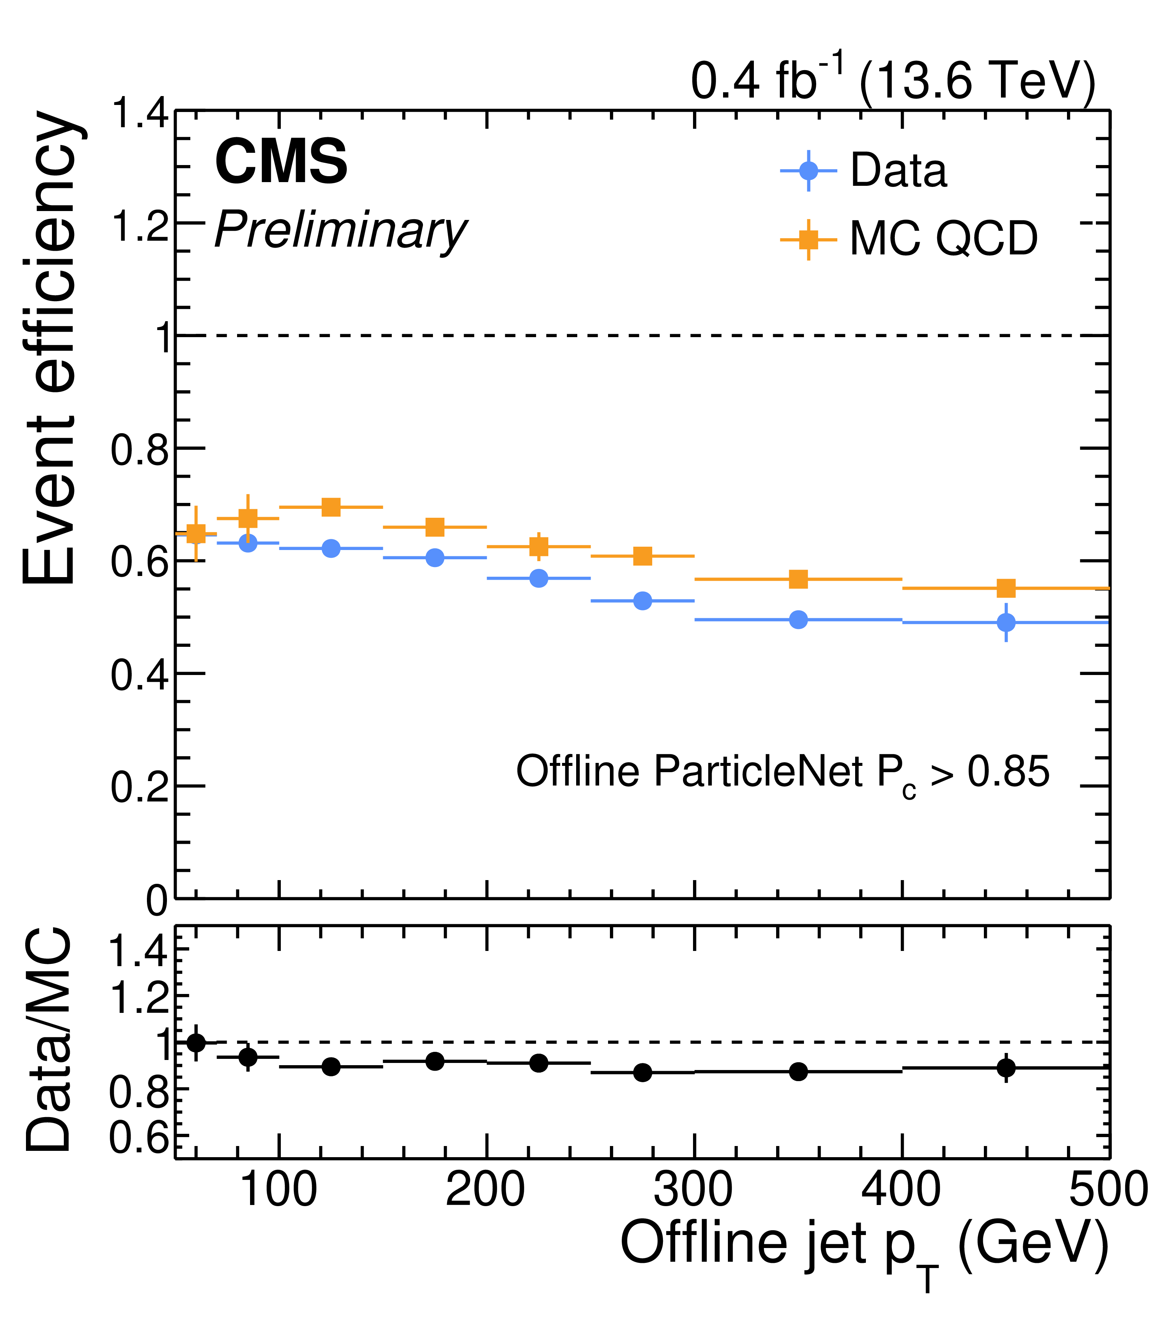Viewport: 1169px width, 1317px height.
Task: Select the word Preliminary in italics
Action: click(x=340, y=231)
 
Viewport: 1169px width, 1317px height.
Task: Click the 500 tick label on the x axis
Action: click(x=1109, y=1189)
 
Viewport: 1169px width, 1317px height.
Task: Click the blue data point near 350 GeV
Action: click(x=798, y=620)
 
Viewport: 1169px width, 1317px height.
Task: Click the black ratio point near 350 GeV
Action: click(x=798, y=1071)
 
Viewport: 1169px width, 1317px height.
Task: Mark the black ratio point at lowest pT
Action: click(x=196, y=1043)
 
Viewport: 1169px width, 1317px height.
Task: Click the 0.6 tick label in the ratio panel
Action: click(x=138, y=1139)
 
